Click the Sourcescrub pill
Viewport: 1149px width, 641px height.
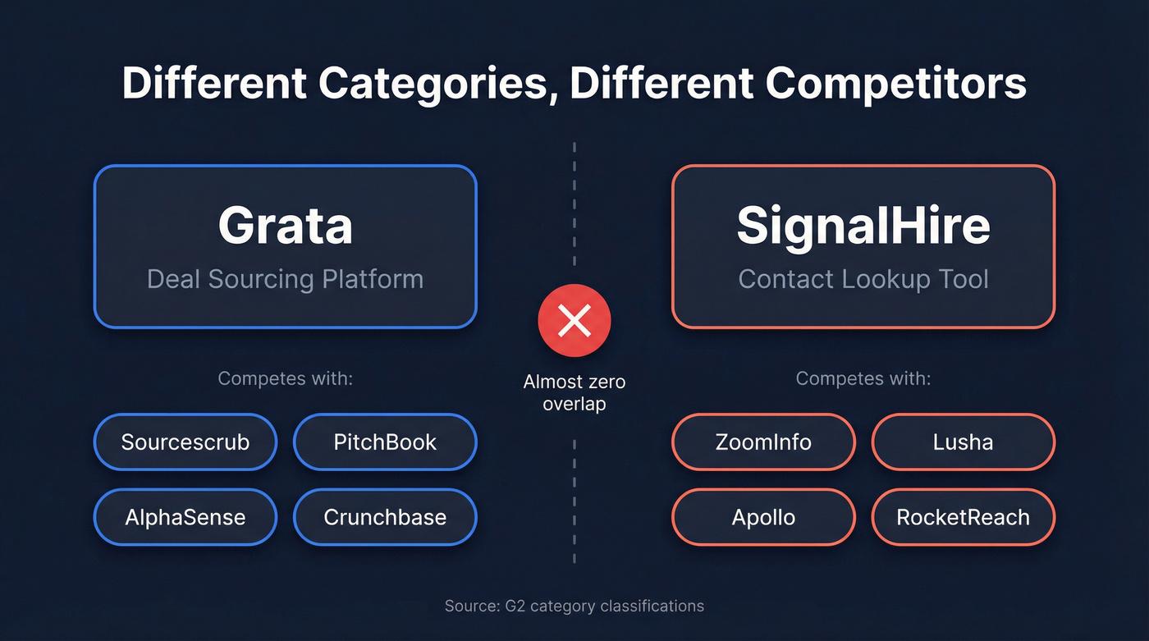click(185, 442)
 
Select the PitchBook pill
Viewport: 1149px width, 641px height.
click(385, 442)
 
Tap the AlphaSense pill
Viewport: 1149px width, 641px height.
click(185, 517)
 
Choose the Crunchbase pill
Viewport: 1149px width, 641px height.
click(385, 517)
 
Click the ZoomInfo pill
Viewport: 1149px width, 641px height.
click(763, 442)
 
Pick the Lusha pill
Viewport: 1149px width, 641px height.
click(963, 442)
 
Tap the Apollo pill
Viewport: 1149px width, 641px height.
click(763, 517)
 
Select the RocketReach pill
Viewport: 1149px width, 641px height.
click(963, 517)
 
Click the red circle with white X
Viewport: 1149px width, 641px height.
click(574, 321)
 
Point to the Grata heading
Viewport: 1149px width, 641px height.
click(285, 226)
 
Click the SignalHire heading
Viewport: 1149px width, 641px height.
click(863, 226)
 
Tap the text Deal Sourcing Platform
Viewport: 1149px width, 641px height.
click(285, 279)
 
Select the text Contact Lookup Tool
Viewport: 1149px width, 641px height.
click(863, 279)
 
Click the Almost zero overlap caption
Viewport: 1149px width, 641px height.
click(574, 392)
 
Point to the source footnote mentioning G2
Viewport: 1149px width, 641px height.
click(574, 607)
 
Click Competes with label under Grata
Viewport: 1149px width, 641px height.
click(285, 379)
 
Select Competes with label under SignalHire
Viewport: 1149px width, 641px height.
click(863, 379)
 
